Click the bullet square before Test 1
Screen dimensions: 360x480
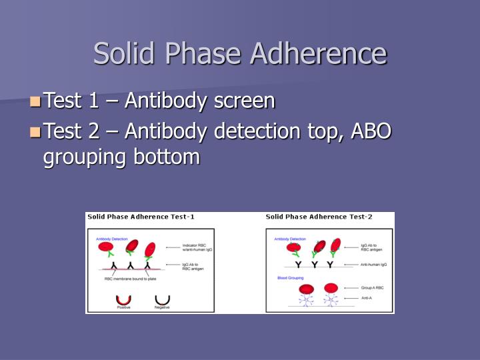35,102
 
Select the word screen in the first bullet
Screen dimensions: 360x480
245,101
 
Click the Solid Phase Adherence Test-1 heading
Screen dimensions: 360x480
141,217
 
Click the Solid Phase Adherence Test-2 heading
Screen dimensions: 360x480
319,217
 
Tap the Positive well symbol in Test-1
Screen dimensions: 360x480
124,301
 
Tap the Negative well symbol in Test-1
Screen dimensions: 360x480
162,301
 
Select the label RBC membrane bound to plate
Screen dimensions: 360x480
132,279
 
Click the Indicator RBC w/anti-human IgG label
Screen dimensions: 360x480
197,248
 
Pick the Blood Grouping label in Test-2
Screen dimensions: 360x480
290,277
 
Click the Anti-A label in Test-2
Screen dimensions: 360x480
367,298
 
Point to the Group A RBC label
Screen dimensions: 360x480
371,288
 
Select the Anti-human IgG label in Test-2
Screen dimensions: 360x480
373,265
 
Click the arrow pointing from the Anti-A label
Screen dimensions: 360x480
351,298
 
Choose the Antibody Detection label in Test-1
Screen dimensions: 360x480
111,238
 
